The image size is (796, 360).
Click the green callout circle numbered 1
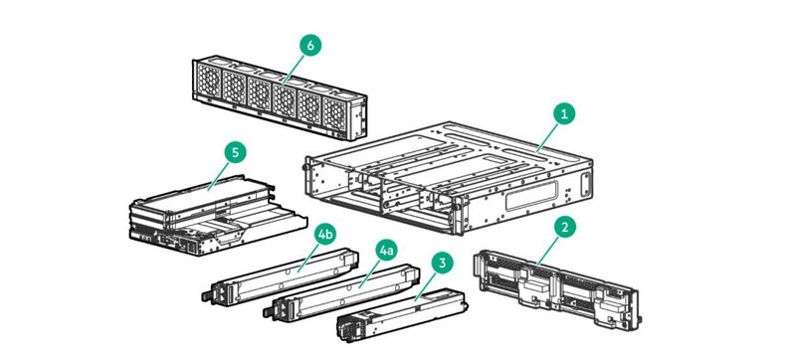coord(564,114)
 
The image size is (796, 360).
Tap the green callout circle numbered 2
coord(564,227)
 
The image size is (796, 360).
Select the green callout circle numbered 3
coord(443,264)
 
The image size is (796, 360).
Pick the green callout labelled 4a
coord(386,251)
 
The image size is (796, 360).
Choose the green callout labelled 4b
coord(325,235)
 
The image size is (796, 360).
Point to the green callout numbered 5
coord(235,152)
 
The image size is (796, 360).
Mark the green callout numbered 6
coord(310,45)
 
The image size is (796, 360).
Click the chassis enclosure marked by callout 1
coord(449,177)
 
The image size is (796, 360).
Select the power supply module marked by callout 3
coord(402,314)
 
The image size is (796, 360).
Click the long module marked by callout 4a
coord(341,293)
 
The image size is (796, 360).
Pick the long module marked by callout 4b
coord(280,276)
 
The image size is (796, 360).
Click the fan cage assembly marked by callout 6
coord(280,97)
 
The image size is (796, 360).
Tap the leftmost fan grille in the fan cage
coord(209,81)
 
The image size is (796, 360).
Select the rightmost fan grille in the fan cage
coord(335,114)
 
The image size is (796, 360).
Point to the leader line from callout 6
coord(293,69)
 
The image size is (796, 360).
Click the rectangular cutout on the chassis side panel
coord(531,195)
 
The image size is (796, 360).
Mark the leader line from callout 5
coord(218,175)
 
